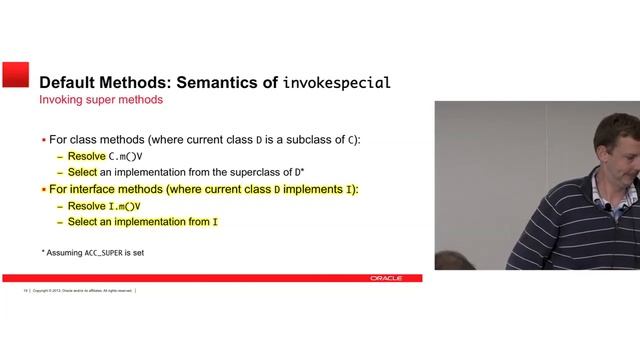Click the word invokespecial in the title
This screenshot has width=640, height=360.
337,82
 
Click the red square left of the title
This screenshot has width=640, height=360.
15,75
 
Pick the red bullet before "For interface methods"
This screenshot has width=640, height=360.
43,189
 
